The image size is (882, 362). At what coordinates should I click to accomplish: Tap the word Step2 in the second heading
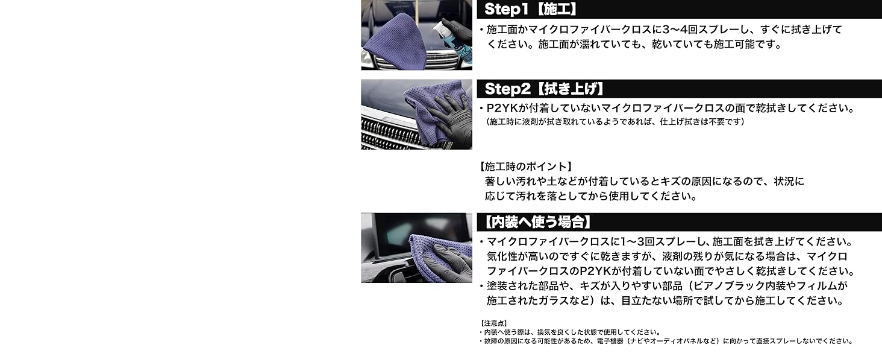point(505,89)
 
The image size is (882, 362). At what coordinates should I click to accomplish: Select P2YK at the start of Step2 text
point(501,109)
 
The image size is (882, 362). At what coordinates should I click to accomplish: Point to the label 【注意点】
point(494,323)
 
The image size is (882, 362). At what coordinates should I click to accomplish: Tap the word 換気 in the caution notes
point(544,332)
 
